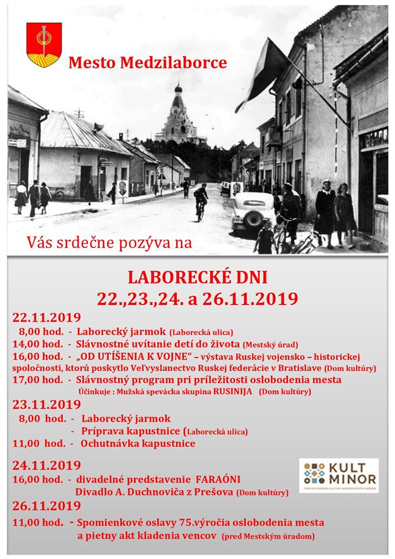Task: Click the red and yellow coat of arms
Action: pos(44,44)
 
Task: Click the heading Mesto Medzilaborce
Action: pos(147,62)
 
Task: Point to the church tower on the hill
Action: pos(179,116)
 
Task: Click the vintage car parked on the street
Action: pos(253,211)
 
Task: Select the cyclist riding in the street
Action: pos(201,201)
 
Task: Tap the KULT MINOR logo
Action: pos(339,475)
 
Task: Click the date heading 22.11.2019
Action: pos(47,318)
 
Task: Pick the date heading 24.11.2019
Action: pos(47,465)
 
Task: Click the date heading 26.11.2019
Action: pos(47,505)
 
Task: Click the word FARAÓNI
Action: pos(218,479)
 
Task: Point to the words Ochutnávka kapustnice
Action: pos(138,444)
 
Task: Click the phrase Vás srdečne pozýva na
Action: pos(109,243)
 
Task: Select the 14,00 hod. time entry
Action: pos(37,344)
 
